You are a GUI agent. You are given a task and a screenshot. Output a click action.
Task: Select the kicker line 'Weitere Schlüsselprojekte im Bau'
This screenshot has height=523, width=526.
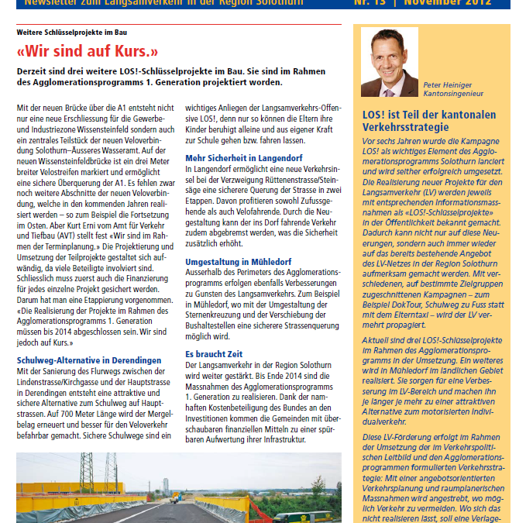point(72,33)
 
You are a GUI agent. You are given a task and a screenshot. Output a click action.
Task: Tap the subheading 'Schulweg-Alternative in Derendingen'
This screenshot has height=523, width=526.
point(89,360)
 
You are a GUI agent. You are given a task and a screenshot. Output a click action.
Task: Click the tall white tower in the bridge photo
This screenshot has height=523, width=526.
point(165,486)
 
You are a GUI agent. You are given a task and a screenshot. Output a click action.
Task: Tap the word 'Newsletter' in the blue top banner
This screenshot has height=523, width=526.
point(49,2)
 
